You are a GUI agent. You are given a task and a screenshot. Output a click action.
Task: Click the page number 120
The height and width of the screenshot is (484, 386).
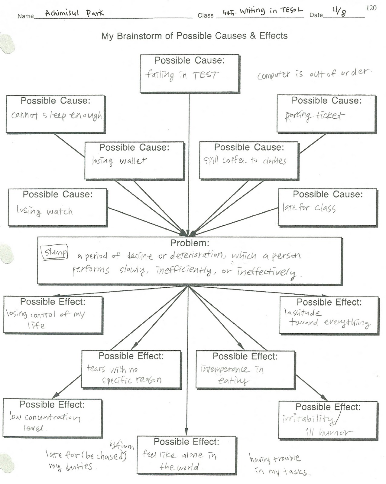[371, 8]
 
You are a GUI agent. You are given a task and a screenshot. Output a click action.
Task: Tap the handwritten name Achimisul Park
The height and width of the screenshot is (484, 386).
[74, 13]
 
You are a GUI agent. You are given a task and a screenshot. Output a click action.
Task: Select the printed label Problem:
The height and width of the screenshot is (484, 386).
[190, 243]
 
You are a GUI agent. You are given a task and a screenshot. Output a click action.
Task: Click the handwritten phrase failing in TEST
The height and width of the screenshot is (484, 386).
[182, 75]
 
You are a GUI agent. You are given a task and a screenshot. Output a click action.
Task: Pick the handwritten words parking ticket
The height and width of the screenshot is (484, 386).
[315, 116]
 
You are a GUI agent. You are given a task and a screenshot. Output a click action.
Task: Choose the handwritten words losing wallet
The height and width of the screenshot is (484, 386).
[119, 161]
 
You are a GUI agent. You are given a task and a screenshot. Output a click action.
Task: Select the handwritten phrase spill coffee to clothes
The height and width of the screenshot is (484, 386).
[245, 161]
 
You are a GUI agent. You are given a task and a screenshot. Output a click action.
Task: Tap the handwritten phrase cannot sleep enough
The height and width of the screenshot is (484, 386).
[57, 115]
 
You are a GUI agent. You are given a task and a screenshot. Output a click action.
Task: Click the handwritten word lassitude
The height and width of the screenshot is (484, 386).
[303, 312]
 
